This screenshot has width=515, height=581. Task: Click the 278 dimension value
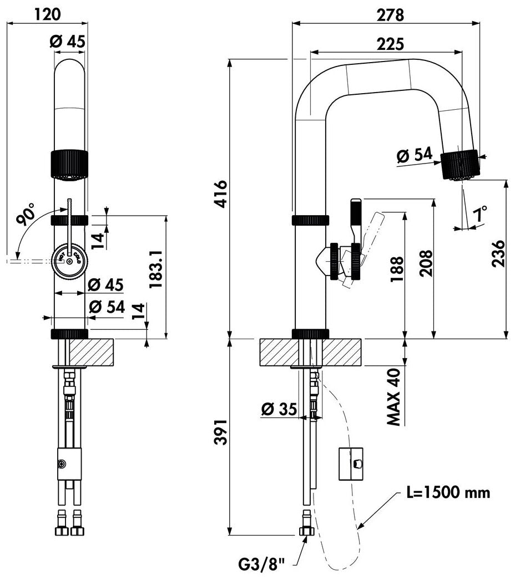[x=390, y=15]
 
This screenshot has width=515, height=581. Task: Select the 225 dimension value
[x=390, y=44]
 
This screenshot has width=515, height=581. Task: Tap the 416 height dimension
[x=221, y=194]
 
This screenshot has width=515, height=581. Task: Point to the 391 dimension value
[x=221, y=432]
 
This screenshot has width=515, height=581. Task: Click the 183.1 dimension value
[x=155, y=269]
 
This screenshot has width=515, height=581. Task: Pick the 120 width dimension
[x=47, y=14]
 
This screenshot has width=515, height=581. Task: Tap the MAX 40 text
[x=393, y=397]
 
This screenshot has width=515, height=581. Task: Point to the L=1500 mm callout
[x=448, y=492]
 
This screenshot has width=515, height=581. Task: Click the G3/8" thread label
[x=261, y=565]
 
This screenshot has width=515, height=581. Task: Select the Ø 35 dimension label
[x=279, y=409]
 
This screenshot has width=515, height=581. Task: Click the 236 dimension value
[x=498, y=253]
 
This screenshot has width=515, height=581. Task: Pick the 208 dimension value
[x=426, y=263]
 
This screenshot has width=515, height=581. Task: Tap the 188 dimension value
[x=397, y=269]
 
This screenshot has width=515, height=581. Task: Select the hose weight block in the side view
[x=351, y=463]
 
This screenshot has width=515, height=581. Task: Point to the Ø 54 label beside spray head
[x=415, y=155]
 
